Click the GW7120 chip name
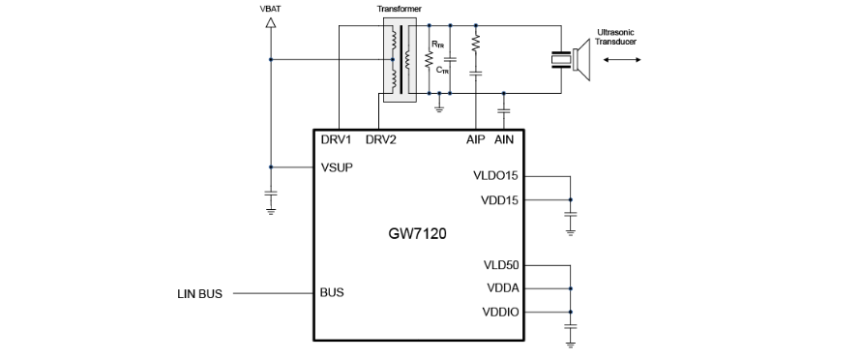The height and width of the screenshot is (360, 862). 417,233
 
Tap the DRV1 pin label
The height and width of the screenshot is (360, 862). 336,139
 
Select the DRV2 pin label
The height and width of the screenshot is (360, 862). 380,139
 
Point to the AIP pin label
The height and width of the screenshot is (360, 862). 476,139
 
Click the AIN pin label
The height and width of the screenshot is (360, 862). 504,139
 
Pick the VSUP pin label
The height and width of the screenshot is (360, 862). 337,167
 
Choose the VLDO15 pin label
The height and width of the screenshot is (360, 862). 495,176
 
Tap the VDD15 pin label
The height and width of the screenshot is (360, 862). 499,200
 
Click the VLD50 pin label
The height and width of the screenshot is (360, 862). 501,265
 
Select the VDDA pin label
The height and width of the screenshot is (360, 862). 502,288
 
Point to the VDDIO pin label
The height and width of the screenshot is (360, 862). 500,313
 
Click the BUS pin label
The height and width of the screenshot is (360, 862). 332,292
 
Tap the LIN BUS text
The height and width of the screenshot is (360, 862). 199,294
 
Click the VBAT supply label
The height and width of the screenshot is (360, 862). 270,9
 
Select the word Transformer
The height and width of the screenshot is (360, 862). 400,9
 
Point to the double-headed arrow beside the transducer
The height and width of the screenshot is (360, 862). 622,59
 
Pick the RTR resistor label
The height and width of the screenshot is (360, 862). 437,44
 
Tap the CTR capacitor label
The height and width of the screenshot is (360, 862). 442,70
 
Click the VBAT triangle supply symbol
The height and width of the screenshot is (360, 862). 270,22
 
